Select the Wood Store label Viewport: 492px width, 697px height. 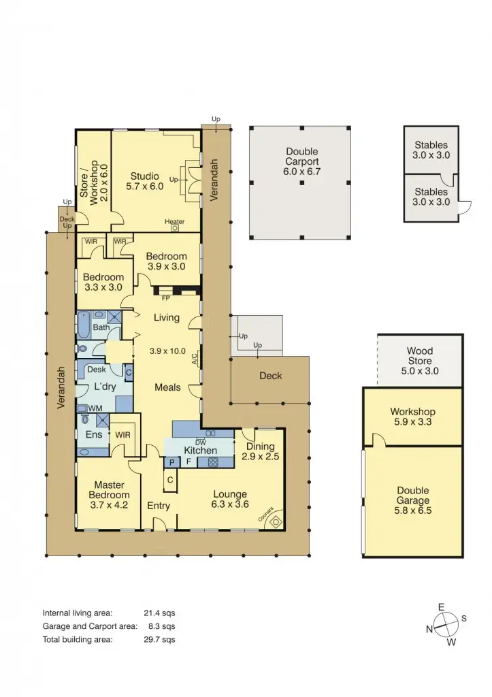[x=420, y=361]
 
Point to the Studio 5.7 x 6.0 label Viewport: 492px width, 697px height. [x=144, y=180]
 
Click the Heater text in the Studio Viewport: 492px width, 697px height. [x=174, y=221]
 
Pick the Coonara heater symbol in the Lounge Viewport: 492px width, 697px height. [x=275, y=521]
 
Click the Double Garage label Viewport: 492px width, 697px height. [x=413, y=495]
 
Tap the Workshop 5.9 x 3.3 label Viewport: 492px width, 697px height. [x=412, y=417]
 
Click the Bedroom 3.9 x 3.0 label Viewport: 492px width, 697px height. [x=166, y=261]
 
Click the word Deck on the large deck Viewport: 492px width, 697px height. [x=270, y=376]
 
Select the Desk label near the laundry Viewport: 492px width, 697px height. [x=97, y=370]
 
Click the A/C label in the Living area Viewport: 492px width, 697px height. [x=195, y=359]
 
